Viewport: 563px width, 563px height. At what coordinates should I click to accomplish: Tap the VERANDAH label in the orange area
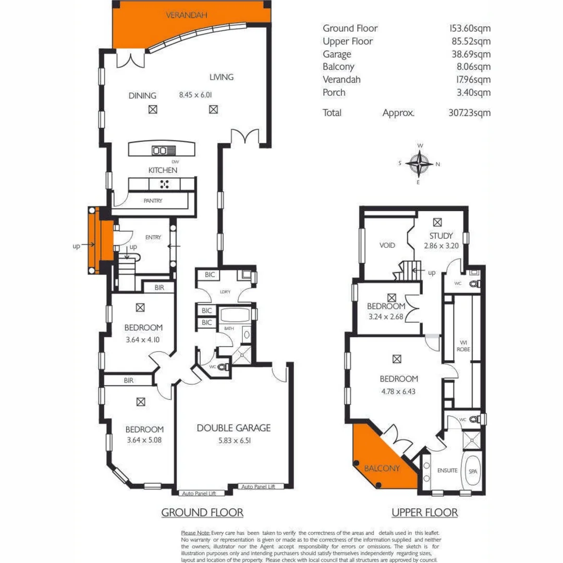point(187,15)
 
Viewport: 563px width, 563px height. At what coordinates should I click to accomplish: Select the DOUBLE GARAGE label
point(234,428)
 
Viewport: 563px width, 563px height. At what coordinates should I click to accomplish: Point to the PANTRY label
point(153,201)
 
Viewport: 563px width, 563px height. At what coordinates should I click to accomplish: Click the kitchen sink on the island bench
point(160,151)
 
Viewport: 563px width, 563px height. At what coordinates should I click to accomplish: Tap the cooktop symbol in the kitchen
point(165,183)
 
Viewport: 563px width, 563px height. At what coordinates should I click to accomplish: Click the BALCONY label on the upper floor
point(382,468)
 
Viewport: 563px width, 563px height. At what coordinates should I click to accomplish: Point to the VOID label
point(387,245)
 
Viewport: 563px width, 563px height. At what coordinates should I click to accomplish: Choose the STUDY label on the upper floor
point(441,235)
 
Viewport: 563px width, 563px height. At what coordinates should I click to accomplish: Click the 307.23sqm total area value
point(472,113)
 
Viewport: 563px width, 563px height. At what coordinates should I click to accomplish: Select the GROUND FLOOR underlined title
point(202,512)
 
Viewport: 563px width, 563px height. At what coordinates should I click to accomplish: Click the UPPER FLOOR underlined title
point(424,512)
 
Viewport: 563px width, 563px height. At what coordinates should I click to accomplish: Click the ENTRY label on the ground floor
point(153,237)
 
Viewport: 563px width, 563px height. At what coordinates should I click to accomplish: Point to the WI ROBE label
point(463,346)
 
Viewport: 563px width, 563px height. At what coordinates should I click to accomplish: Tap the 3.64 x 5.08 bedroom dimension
point(144,440)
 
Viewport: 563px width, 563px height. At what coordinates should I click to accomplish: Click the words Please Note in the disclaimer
point(195,533)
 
